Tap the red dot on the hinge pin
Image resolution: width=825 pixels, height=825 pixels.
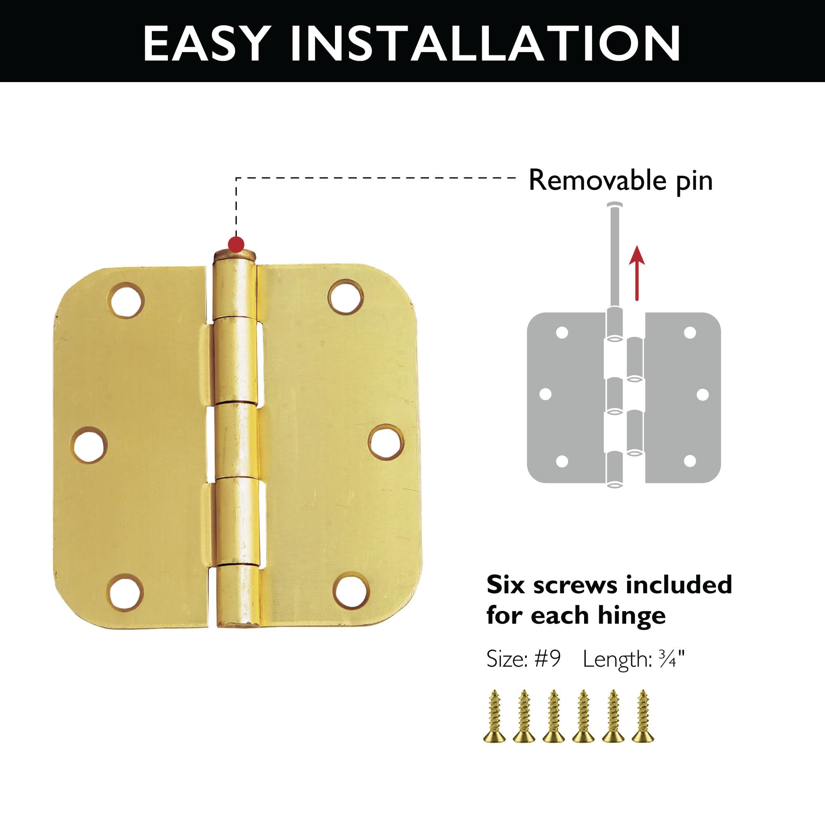point(236,245)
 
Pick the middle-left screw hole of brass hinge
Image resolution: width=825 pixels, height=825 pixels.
point(89,446)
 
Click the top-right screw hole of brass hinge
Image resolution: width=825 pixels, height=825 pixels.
point(346,296)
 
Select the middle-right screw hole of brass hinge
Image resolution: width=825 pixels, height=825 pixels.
point(386,442)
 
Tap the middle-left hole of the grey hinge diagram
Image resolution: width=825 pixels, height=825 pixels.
point(545,394)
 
